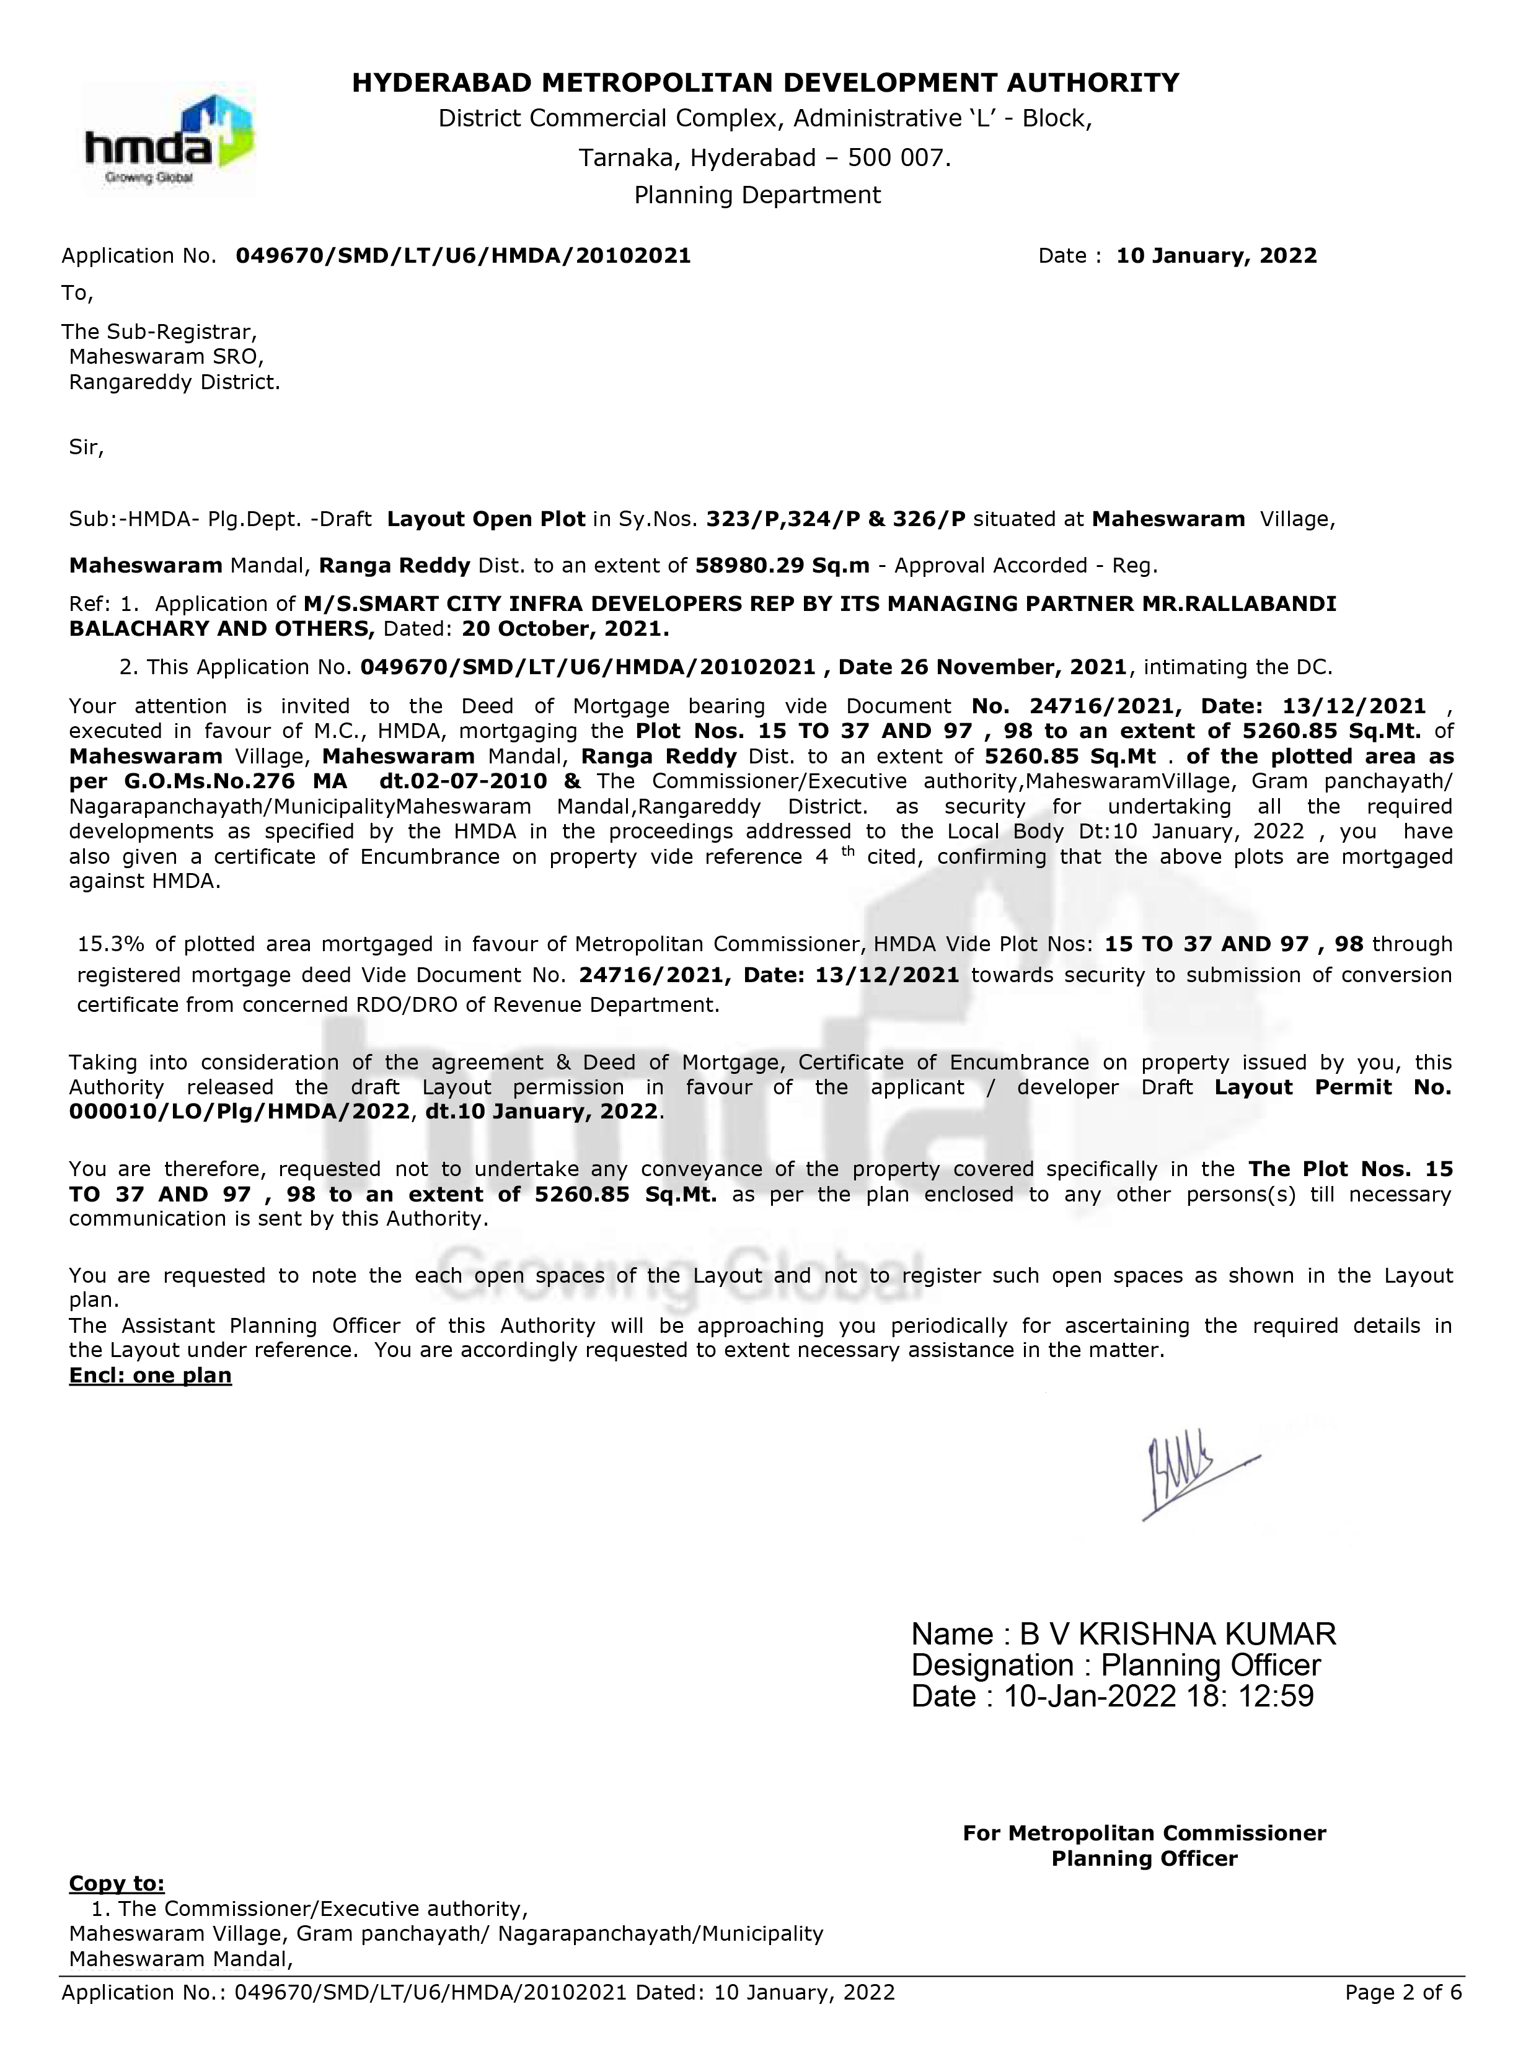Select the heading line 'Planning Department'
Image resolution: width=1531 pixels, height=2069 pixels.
pyautogui.click(x=757, y=196)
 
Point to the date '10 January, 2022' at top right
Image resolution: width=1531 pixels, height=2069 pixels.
pyautogui.click(x=1216, y=256)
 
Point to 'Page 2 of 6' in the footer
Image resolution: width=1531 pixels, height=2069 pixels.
pyautogui.click(x=1403, y=1992)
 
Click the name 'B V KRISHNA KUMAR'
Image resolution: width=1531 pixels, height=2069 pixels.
pyautogui.click(x=1177, y=1633)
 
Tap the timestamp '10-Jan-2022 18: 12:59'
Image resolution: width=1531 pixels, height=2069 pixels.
pyautogui.click(x=1158, y=1697)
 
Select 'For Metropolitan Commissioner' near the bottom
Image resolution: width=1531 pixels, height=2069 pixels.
pyautogui.click(x=1144, y=1833)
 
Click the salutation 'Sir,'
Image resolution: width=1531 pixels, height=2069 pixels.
pyautogui.click(x=86, y=449)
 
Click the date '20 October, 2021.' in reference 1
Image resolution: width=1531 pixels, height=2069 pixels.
pyautogui.click(x=565, y=629)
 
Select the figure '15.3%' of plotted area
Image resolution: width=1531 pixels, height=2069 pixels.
pyautogui.click(x=111, y=944)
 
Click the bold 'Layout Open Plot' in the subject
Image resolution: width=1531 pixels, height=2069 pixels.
pyautogui.click(x=485, y=519)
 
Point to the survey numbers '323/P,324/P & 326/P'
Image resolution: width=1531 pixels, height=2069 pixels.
pyautogui.click(x=835, y=519)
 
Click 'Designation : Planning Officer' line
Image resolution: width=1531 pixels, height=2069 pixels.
pyautogui.click(x=1116, y=1665)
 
